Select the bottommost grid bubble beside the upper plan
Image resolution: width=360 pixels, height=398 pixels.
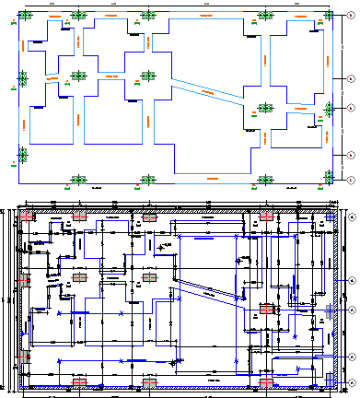[x=351, y=179]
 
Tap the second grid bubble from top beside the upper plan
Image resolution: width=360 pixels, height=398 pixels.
[x=351, y=80]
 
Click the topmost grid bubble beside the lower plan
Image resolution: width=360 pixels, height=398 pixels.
[x=352, y=217]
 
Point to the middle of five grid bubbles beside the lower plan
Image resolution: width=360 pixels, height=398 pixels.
[x=352, y=310]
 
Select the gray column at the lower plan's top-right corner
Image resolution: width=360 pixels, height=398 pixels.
[x=331, y=217]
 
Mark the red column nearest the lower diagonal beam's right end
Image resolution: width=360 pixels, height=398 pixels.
[x=266, y=310]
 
